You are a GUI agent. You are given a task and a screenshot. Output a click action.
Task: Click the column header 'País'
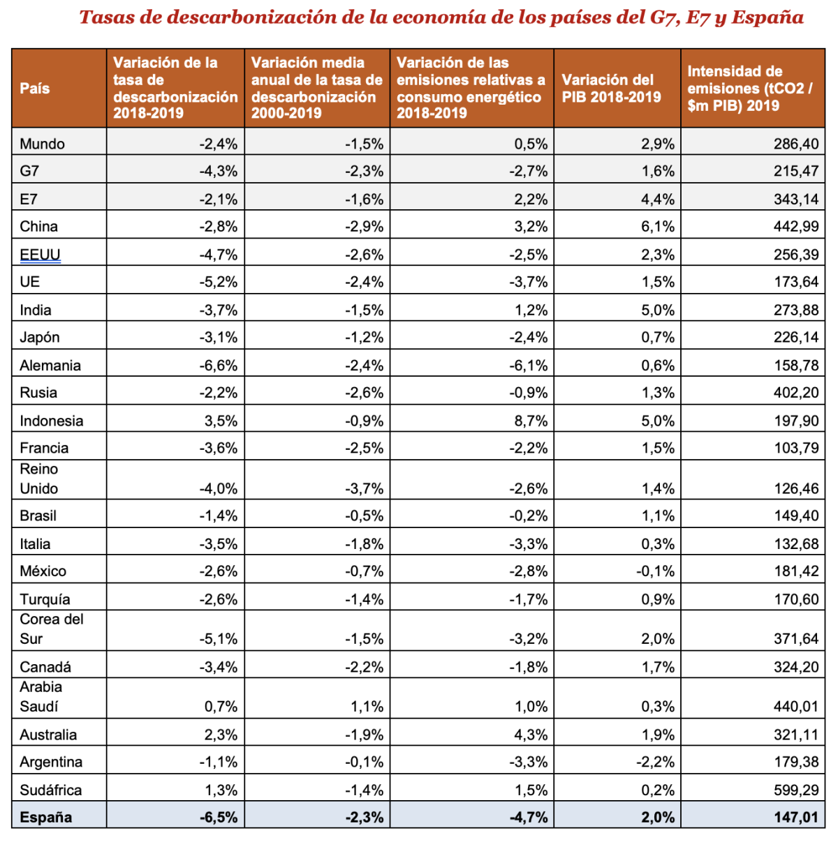(x=35, y=89)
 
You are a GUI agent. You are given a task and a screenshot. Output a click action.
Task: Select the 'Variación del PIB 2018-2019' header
(x=611, y=89)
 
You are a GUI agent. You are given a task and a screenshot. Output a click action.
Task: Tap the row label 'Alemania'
(x=50, y=366)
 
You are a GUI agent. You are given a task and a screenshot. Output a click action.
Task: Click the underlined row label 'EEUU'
(x=40, y=255)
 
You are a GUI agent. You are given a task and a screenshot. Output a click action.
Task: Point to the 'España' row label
(x=46, y=818)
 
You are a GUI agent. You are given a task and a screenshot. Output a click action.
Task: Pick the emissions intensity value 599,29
(x=796, y=790)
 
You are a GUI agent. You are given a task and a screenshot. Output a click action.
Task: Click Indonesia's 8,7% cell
(x=531, y=421)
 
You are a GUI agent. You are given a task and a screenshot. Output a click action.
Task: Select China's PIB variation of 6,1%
(x=658, y=227)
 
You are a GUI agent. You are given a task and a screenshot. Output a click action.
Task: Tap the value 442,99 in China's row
(x=796, y=227)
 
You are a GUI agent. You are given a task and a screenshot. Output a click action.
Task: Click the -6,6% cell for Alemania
(x=219, y=366)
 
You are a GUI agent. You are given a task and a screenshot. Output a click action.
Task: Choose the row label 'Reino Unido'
(x=39, y=479)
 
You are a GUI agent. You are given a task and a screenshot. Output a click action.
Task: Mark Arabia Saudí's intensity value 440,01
(x=796, y=707)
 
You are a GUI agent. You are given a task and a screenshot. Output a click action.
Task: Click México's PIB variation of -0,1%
(x=655, y=571)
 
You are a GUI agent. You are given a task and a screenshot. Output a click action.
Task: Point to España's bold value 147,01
(x=796, y=818)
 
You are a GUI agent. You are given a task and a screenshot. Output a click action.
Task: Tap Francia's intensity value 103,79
(x=796, y=448)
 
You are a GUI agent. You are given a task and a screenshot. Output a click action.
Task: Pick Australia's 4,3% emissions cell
(x=531, y=735)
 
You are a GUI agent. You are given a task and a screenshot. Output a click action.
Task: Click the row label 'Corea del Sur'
(x=52, y=629)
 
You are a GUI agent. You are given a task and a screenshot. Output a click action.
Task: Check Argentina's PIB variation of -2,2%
(x=655, y=762)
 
